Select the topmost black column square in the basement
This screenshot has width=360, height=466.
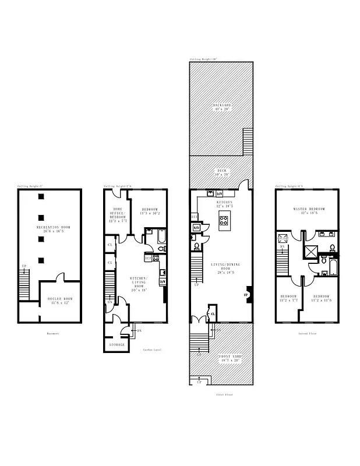pyautogui.click(x=41, y=196)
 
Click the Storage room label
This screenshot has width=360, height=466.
pyautogui.click(x=117, y=344)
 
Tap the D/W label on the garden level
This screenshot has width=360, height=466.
pyautogui.click(x=163, y=282)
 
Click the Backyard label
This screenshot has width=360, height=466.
pyautogui.click(x=221, y=107)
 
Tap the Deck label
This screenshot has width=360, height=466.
pyautogui.click(x=223, y=172)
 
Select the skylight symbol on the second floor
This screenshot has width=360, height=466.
pyautogui.click(x=283, y=238)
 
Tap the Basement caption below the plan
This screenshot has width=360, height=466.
pyautogui.click(x=53, y=333)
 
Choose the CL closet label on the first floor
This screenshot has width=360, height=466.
pyautogui.click(x=213, y=314)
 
